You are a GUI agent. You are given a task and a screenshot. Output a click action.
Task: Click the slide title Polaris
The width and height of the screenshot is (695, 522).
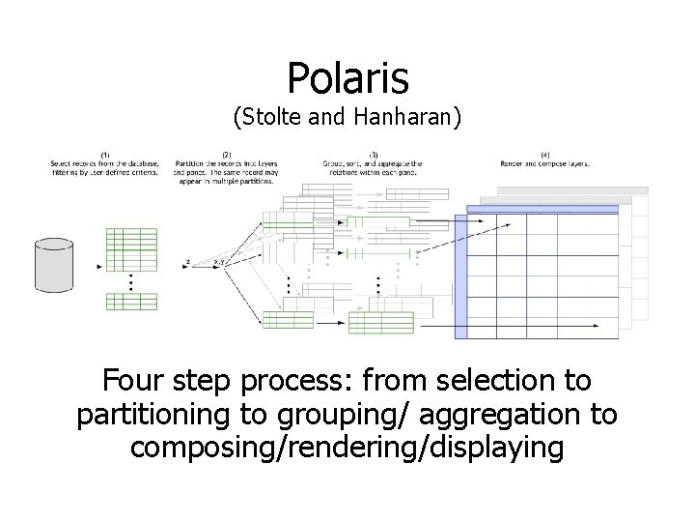point(347,76)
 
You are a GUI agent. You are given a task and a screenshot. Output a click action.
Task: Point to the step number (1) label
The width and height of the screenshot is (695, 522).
point(105,155)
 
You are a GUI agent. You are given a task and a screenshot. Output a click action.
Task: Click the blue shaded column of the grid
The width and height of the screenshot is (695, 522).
point(460,275)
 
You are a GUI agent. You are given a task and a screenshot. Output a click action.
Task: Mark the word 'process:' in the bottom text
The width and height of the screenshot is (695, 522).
point(306,381)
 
